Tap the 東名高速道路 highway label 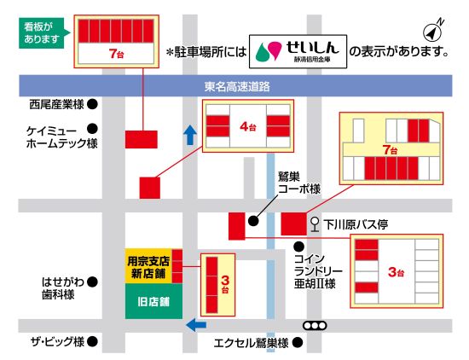237,86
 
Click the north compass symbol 434,27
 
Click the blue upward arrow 190,134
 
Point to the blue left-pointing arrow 196,323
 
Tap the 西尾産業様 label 56,106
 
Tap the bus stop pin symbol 316,224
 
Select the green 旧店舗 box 153,302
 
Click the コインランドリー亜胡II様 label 319,270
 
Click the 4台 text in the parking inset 248,127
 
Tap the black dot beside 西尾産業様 92,106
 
